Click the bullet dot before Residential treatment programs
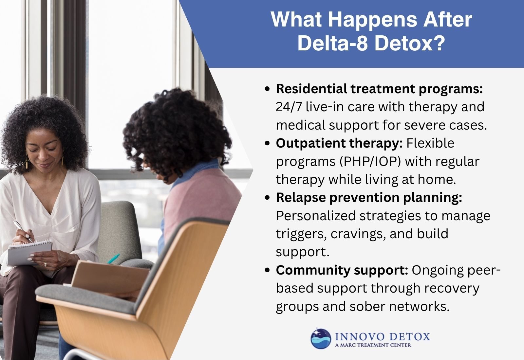pyautogui.click(x=267, y=89)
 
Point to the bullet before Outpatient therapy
pyautogui.click(x=267, y=143)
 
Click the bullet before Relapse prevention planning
pyautogui.click(x=267, y=198)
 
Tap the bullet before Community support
pyautogui.click(x=267, y=270)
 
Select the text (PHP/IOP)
pyautogui.click(x=369, y=162)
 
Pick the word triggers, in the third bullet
pyautogui.click(x=301, y=234)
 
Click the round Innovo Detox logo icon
pyautogui.click(x=321, y=339)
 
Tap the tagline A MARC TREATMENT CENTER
pyautogui.click(x=373, y=345)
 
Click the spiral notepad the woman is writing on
pyautogui.click(x=29, y=252)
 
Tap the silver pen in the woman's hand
pyautogui.click(x=23, y=231)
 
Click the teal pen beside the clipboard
pyautogui.click(x=113, y=259)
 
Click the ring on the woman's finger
pyautogui.click(x=45, y=264)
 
